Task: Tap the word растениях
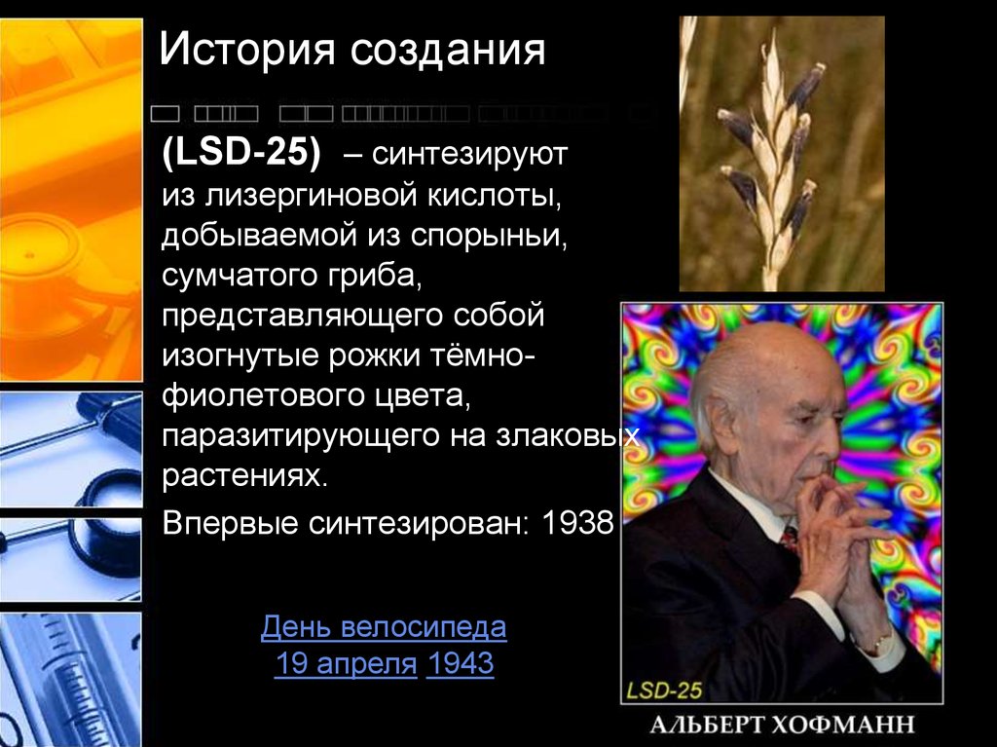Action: coord(240,478)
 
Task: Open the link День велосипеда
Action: coord(384,627)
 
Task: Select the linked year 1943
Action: coord(461,665)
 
